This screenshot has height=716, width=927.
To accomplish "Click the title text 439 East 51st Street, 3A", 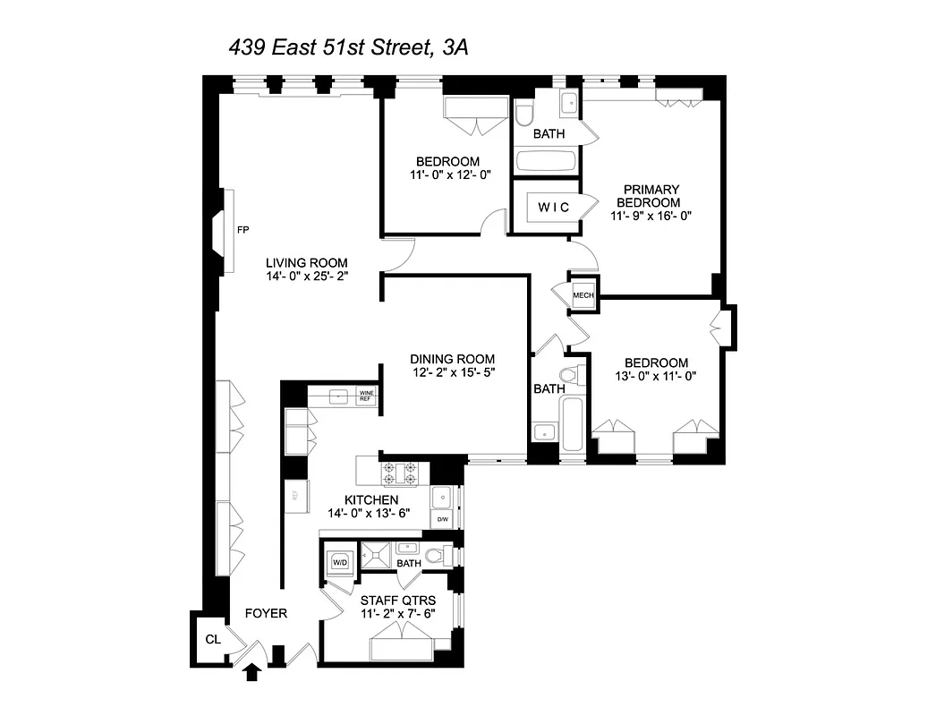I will pos(348,47).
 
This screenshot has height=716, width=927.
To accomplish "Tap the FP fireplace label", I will pos(242,230).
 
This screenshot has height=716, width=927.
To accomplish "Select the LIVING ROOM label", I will pos(306,262).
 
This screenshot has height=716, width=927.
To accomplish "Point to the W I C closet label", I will pos(553,208).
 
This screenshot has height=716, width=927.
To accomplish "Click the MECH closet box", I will pos(583,295).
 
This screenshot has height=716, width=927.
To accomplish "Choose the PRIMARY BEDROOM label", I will pos(651,196).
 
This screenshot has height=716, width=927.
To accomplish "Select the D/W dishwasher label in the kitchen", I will pos(442,519).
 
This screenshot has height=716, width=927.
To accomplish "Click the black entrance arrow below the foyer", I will pos(253,670).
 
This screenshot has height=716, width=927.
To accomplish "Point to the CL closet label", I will pos(212,639).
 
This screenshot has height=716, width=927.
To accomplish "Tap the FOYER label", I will pos(267,613).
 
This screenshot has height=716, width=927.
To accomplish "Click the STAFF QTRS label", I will pos(397,600).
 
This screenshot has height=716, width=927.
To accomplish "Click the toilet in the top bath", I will pos(524,114).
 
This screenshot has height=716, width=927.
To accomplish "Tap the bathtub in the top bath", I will pos(546,162).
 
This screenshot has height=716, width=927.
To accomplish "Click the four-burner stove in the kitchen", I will pos(400,472).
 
